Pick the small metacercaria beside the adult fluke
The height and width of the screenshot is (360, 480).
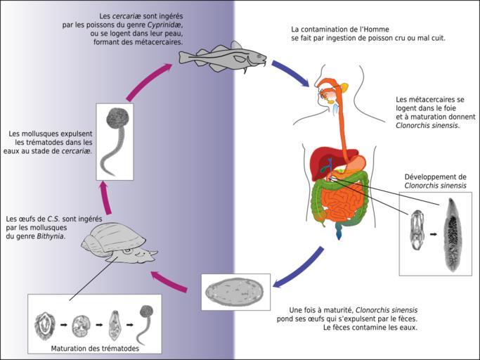click(417, 231)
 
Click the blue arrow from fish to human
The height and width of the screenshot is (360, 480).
click(289, 73)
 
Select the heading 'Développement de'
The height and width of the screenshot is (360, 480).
click(435, 176)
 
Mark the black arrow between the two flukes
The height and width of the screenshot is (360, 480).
click(433, 233)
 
